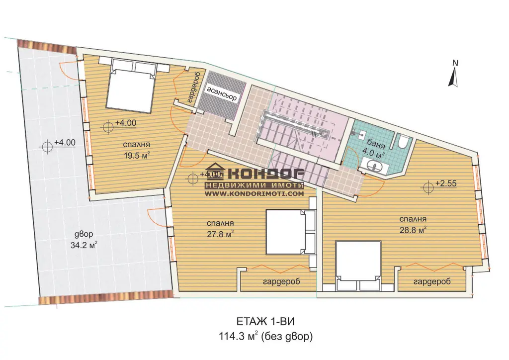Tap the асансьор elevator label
[222, 93]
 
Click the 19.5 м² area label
[136, 155]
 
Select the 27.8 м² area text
[220, 234]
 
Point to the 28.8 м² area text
[413, 230]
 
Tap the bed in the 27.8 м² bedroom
[291, 232]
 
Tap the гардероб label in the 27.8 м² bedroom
[281, 281]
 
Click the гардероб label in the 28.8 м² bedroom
[432, 282]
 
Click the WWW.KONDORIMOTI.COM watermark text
[254, 193]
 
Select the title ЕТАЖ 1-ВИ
[265, 322]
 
